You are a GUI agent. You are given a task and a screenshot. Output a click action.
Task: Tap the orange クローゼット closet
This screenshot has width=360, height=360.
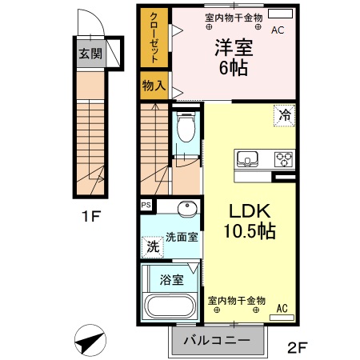[x=154, y=38]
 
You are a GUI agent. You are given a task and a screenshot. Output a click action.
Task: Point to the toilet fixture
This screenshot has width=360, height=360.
[x=186, y=128]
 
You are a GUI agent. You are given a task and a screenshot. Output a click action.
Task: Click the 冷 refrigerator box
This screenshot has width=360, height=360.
[x=285, y=114]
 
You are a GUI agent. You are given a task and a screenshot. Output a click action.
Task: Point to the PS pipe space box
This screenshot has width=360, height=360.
[x=146, y=206]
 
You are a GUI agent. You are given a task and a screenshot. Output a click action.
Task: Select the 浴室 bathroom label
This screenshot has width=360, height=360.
[x=171, y=280]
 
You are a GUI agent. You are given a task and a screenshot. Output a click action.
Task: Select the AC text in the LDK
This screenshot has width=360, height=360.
[x=282, y=307]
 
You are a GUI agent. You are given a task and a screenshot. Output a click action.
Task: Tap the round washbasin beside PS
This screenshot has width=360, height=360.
[x=186, y=210]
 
